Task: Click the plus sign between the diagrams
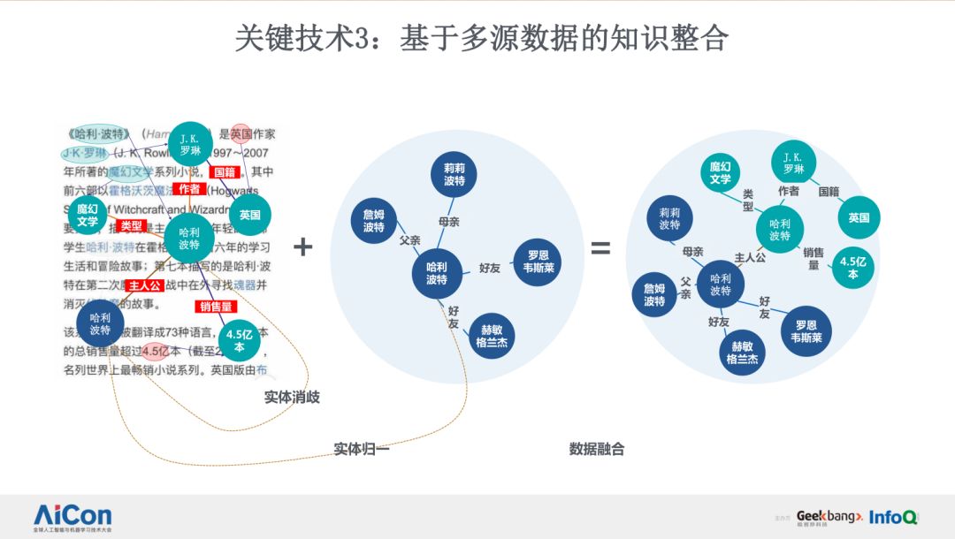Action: pyautogui.click(x=303, y=247)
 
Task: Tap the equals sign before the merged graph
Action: pyautogui.click(x=600, y=248)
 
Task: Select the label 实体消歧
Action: pyautogui.click(x=292, y=398)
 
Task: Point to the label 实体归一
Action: pyautogui.click(x=361, y=449)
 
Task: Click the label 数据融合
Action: pyautogui.click(x=597, y=449)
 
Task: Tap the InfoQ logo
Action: pyautogui.click(x=893, y=517)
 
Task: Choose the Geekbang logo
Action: pyautogui.click(x=829, y=516)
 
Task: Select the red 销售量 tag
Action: pyautogui.click(x=215, y=307)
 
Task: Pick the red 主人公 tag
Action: pyautogui.click(x=144, y=286)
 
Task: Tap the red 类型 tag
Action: pyautogui.click(x=132, y=226)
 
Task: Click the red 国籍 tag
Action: pyautogui.click(x=223, y=172)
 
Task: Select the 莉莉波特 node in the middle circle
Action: pyautogui.click(x=454, y=174)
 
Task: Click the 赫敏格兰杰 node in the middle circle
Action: pyautogui.click(x=491, y=337)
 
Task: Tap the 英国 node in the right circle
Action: pyautogui.click(x=859, y=217)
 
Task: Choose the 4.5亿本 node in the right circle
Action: pyautogui.click(x=853, y=268)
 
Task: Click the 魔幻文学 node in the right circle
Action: pyautogui.click(x=720, y=172)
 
